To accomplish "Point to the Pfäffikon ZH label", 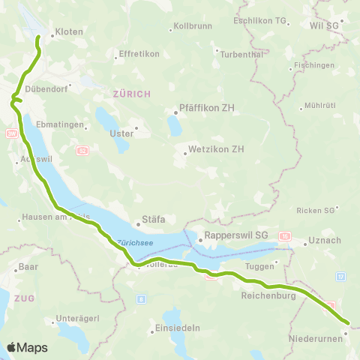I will [x=207, y=108].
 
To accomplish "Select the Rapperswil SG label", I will [x=236, y=234].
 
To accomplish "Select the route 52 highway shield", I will [x=82, y=151].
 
